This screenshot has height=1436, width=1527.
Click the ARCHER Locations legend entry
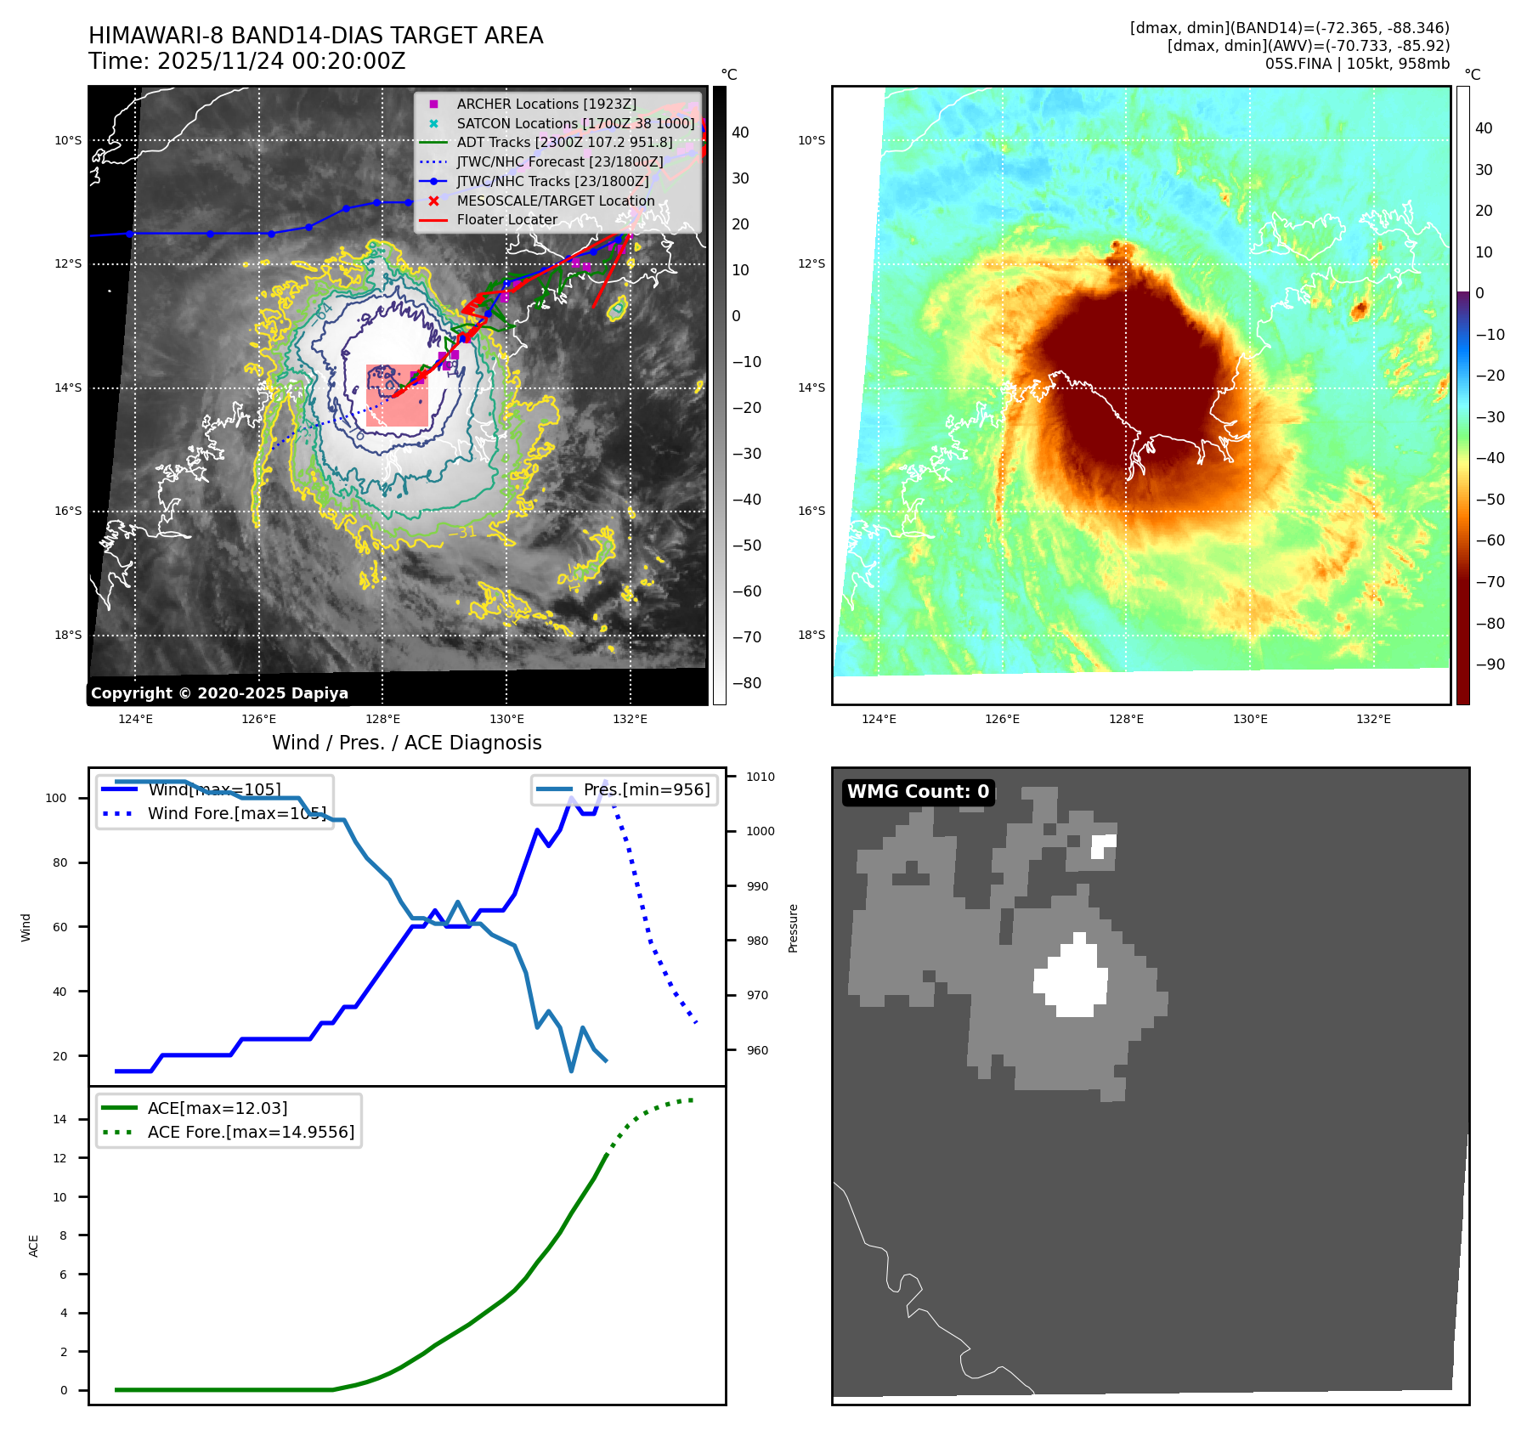coord(546,104)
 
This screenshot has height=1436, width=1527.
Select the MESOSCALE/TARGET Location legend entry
coord(555,201)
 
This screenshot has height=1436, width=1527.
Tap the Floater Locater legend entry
coord(506,219)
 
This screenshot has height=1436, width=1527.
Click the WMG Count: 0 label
coord(918,792)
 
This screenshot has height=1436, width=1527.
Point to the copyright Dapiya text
coord(219,693)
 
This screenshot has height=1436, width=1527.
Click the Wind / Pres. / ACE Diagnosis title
coord(406,743)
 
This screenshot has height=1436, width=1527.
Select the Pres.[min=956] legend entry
coord(646,789)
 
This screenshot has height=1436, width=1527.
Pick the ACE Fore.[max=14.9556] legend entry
coord(251,1132)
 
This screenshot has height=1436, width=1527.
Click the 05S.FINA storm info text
coord(1356,64)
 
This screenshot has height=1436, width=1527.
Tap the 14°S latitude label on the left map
coord(69,387)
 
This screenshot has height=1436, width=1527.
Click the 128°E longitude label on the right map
coord(1126,719)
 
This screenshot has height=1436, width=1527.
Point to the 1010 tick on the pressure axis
coord(760,777)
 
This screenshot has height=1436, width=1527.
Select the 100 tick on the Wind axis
coord(56,798)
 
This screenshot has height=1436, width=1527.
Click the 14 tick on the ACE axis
coord(59,1119)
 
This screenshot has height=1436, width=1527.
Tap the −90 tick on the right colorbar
coord(1490,664)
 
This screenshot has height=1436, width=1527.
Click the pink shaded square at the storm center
coord(397,395)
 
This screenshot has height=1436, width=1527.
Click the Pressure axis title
coord(793,928)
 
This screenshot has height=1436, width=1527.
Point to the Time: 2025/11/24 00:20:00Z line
coord(247,61)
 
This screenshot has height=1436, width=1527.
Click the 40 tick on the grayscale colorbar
coord(740,133)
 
